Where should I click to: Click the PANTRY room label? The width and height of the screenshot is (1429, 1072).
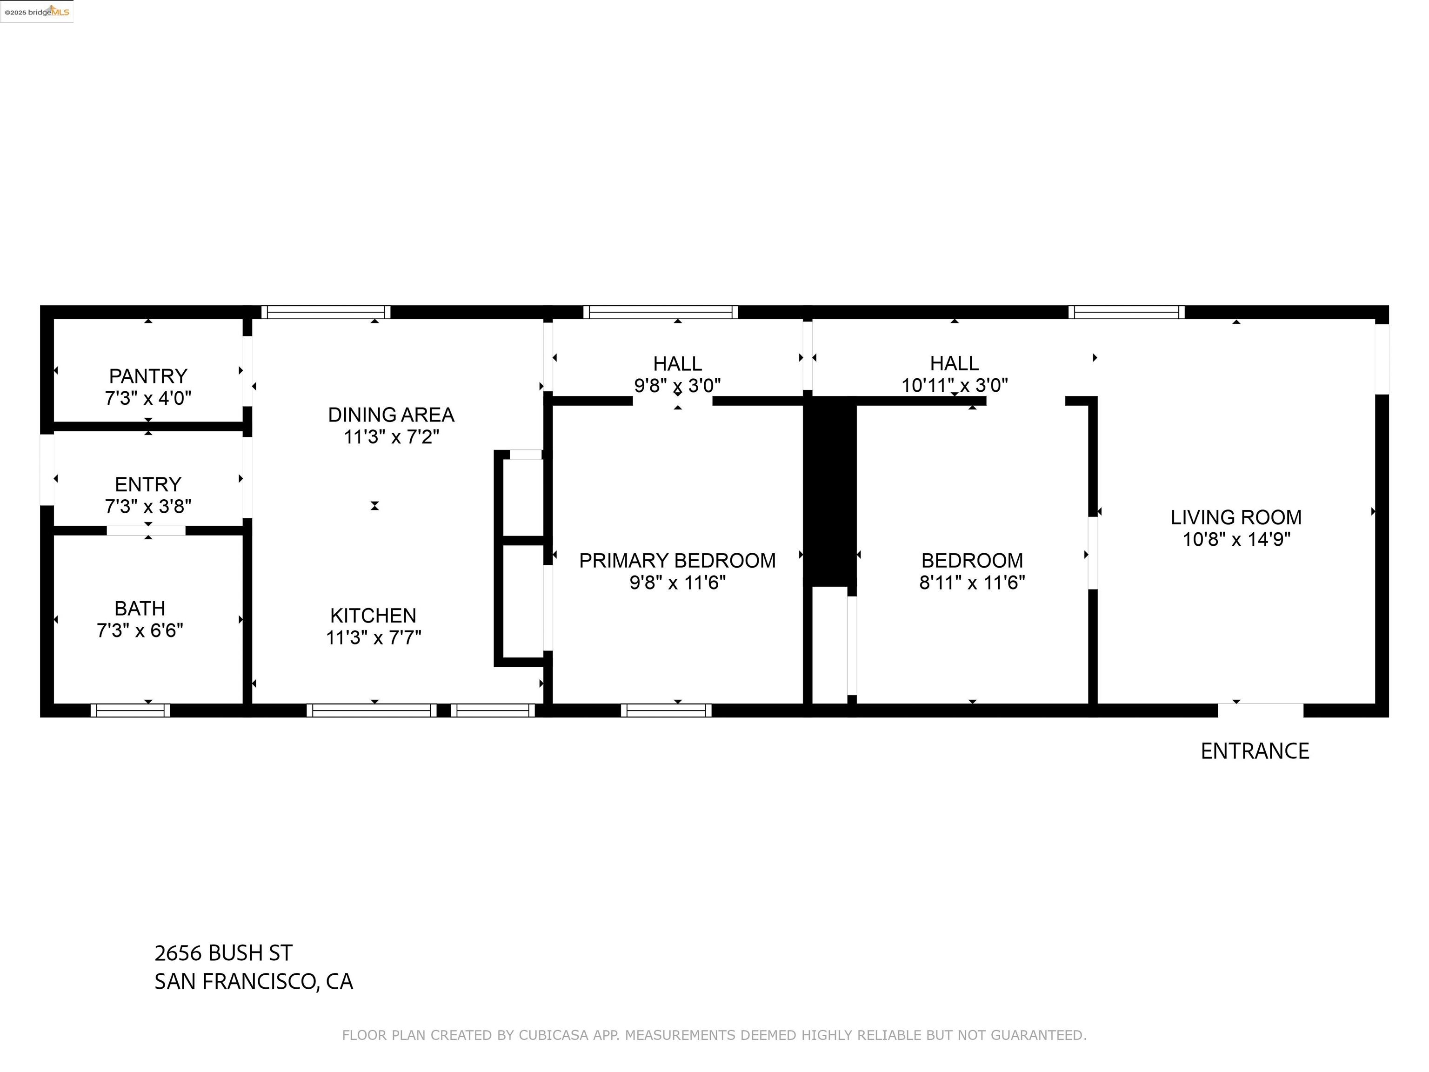point(148,376)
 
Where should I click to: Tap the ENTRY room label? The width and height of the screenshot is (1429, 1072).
point(148,485)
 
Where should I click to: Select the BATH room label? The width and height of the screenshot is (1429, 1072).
point(140,609)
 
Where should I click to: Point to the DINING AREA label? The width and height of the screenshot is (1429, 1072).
point(391,415)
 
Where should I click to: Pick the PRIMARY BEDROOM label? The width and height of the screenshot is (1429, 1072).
point(677,561)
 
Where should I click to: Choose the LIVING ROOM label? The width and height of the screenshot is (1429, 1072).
point(1236,517)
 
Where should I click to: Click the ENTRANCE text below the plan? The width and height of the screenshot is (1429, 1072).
point(1255,751)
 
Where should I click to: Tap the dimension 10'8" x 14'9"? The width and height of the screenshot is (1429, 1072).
point(1236,540)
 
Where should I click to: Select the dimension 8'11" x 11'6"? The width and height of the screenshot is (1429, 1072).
point(972,583)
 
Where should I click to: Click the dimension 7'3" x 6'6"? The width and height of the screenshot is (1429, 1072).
point(140,630)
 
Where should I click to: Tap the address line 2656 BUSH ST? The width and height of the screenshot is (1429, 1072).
point(223,953)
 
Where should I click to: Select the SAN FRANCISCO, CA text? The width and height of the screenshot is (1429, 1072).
point(253,982)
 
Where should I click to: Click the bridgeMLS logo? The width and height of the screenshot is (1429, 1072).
point(37,12)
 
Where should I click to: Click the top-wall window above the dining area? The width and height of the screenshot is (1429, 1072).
point(326,312)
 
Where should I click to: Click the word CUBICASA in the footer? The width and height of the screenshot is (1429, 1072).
point(554,1035)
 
